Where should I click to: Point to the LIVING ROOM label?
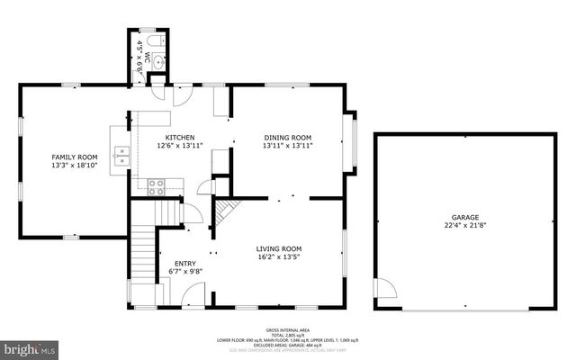click(x=279, y=248)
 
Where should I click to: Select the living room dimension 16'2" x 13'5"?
click(x=279, y=257)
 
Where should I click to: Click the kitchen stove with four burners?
click(x=156, y=186)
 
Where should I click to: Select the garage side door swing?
click(x=385, y=290)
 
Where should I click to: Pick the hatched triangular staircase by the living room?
click(x=226, y=212)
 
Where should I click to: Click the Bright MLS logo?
click(x=28, y=347)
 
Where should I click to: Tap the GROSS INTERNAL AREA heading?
click(x=286, y=330)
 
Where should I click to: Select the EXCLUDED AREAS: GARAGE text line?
click(x=286, y=345)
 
